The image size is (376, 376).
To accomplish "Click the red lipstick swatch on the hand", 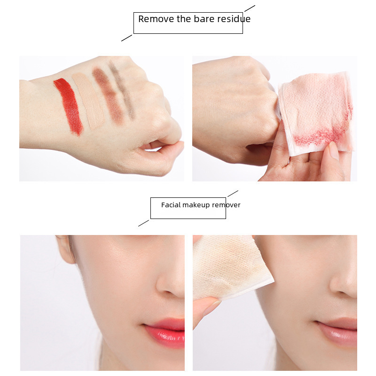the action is click(x=69, y=107).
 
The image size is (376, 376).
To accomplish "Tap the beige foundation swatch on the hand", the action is click(x=88, y=101).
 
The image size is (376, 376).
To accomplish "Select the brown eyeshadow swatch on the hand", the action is click(x=108, y=95).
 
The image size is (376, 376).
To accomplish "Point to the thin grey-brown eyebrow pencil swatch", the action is click(x=122, y=90).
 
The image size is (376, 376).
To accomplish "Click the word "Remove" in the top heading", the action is click(x=157, y=19).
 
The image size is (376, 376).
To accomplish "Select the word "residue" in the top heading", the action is click(x=234, y=19).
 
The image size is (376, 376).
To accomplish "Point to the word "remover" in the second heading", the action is click(x=226, y=205).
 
